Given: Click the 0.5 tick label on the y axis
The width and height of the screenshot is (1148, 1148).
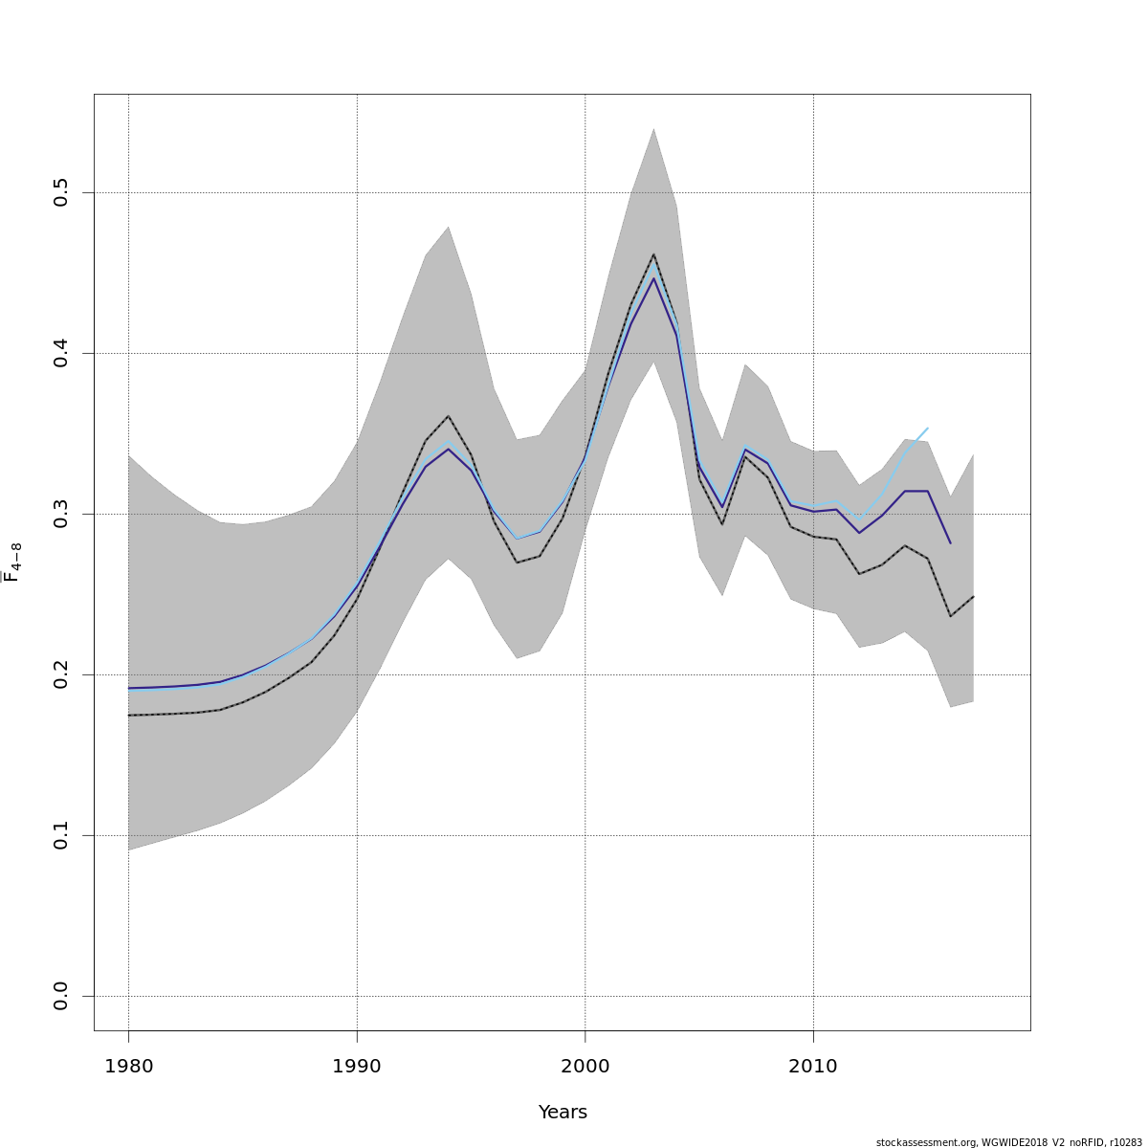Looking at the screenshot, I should click(61, 193).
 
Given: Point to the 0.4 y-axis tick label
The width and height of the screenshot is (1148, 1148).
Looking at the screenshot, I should click(61, 354).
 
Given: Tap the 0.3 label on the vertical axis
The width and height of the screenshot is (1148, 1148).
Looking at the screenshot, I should click(61, 515).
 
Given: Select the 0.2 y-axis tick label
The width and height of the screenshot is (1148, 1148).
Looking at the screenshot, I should click(61, 675).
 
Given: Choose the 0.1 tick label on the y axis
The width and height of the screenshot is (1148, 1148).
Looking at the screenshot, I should click(61, 836).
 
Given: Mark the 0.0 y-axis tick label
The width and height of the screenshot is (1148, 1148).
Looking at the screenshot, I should click(61, 997).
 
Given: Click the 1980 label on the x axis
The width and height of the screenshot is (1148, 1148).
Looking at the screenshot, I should click(128, 1067).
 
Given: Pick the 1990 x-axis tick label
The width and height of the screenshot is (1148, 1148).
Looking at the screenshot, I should click(357, 1067).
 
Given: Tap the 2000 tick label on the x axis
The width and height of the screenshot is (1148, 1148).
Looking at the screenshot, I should click(585, 1067).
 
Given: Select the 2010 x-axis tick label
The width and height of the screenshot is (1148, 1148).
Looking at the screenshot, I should click(813, 1067).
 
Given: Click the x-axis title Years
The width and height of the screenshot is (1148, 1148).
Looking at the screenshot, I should click(563, 1113).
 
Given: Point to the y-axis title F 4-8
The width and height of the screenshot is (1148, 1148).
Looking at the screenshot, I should click(13, 562).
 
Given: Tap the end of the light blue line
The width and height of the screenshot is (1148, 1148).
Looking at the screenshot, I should click(927, 429).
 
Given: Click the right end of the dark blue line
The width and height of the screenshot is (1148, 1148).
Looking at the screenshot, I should click(950, 542).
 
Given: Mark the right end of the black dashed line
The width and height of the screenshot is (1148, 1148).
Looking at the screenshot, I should click(973, 596).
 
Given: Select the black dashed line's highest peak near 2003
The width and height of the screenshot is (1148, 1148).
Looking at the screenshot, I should click(653, 254).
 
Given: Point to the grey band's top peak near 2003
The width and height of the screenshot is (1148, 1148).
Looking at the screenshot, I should click(653, 128).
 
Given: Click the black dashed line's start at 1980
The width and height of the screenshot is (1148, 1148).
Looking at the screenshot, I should click(128, 715).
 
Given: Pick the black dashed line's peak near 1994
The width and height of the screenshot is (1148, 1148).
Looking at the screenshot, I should click(448, 416).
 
